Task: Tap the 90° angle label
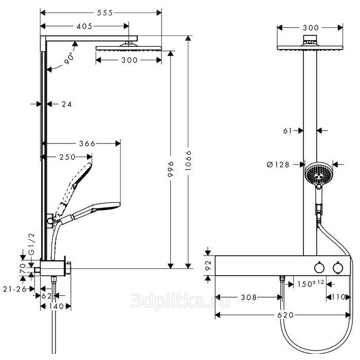(69, 59)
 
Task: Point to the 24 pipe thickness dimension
(66, 104)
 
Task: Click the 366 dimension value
(87, 144)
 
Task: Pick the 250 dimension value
(67, 157)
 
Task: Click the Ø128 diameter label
(278, 165)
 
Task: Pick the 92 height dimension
(209, 265)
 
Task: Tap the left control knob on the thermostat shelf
(320, 267)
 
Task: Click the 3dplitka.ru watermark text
(173, 300)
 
